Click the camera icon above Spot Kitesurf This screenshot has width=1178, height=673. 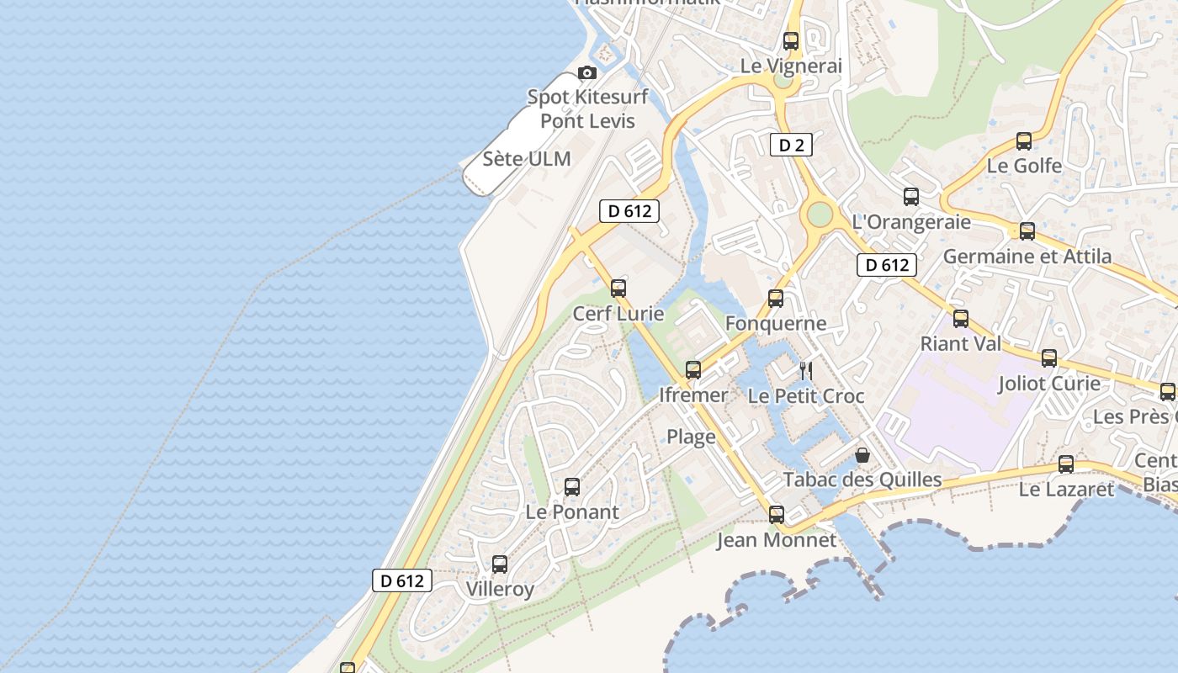(x=587, y=73)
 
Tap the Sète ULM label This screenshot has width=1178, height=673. (x=527, y=159)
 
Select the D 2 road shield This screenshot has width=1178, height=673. (x=791, y=146)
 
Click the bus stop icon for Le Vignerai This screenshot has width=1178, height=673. (x=791, y=40)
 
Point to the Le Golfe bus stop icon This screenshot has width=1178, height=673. (x=1024, y=141)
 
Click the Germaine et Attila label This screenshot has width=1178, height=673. (x=1027, y=256)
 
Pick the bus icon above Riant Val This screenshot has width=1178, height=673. (x=961, y=319)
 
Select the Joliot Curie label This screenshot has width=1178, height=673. (x=1048, y=384)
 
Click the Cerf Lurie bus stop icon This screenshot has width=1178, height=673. (x=618, y=289)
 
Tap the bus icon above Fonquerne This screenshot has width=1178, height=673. (x=776, y=299)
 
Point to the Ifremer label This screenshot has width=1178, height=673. (x=693, y=395)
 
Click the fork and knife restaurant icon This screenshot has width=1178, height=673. (x=806, y=370)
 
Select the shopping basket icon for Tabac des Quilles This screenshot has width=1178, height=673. (x=862, y=455)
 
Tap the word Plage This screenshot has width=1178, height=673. (x=692, y=437)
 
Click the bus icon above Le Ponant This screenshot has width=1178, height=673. (x=572, y=486)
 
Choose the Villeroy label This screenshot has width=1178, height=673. (x=500, y=589)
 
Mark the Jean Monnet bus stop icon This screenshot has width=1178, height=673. (x=777, y=514)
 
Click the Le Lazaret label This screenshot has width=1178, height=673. (x=1066, y=489)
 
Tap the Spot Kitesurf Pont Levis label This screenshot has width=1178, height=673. (x=587, y=109)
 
